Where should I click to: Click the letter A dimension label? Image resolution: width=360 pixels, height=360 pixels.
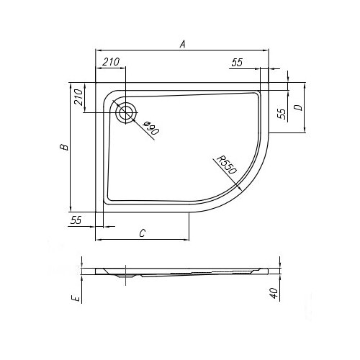coord(183,44)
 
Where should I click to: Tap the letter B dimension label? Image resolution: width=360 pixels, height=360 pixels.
coord(64,147)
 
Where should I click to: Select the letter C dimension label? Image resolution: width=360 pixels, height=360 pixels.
coord(143,233)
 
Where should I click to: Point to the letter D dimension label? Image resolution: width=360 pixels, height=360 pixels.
coord(299,107)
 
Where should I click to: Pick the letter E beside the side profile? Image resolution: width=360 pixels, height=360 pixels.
coord(76,298)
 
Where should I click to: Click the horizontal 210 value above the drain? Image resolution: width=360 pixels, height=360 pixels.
coord(111,62)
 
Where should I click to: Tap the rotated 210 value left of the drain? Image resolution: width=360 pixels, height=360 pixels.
coord(78,97)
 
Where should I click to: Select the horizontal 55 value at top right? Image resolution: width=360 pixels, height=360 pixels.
coord(237,63)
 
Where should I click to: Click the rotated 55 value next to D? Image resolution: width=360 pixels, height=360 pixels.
coord(282,114)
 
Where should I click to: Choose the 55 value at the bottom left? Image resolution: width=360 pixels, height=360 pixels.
coord(76,220)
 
